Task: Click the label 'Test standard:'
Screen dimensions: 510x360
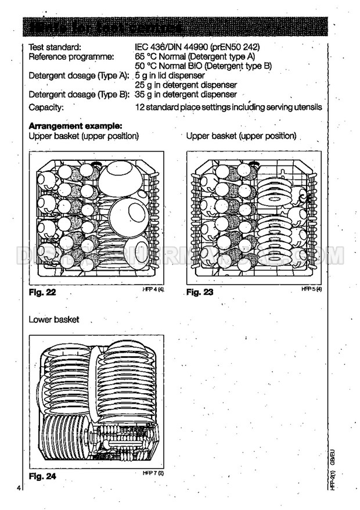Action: click(55, 47)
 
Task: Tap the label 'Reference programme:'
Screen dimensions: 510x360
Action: click(71, 56)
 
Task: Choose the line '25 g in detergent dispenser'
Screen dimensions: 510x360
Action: click(185, 85)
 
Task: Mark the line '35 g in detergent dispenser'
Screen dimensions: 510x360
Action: click(185, 94)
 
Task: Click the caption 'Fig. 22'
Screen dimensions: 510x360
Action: click(42, 292)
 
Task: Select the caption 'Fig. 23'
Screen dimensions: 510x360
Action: click(200, 292)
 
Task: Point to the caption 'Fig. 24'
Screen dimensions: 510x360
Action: click(42, 477)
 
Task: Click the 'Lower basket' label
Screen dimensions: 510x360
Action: click(54, 319)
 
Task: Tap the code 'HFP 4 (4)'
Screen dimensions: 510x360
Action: click(153, 289)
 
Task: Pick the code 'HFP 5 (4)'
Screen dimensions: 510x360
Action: click(311, 289)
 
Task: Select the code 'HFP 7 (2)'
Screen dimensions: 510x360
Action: click(153, 473)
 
